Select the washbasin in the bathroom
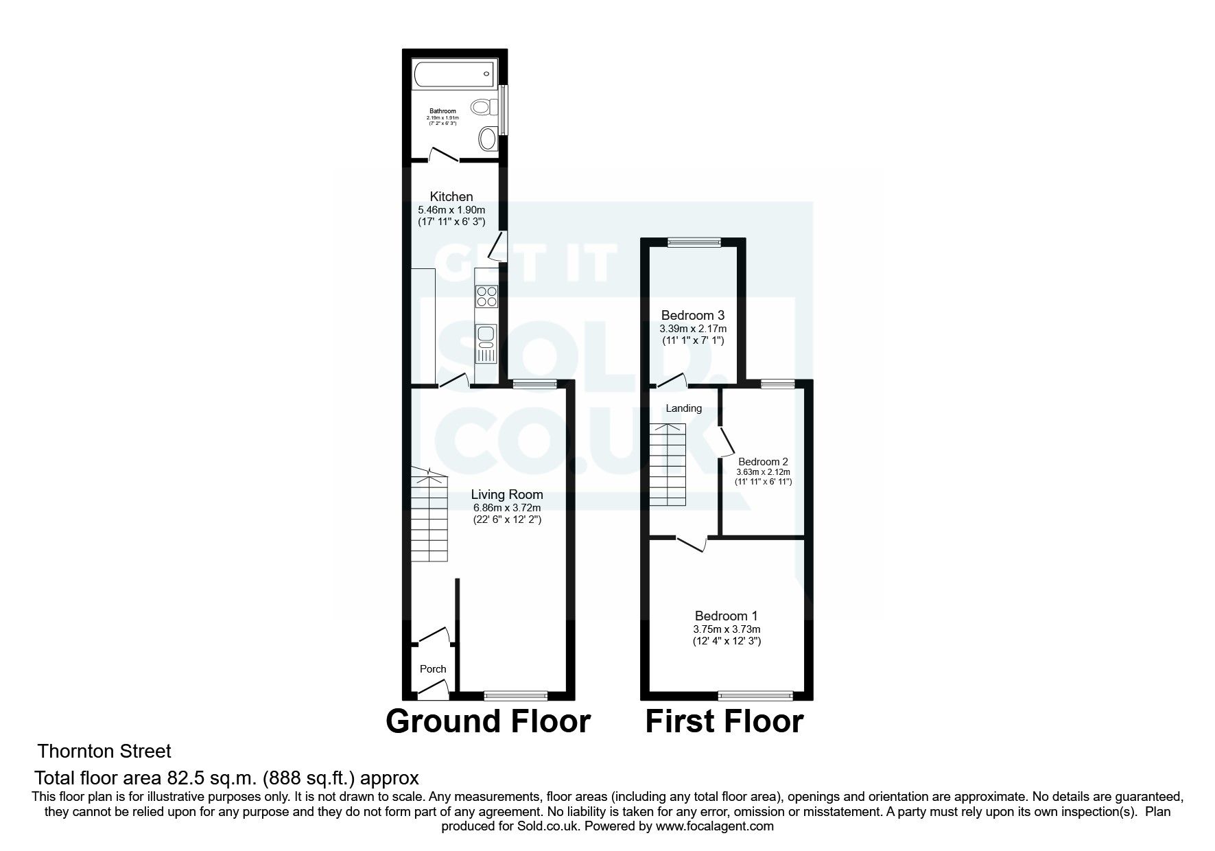click(488, 139)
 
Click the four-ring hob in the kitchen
click(487, 296)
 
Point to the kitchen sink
click(486, 336)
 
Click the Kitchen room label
click(451, 197)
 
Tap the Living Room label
click(507, 494)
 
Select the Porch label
click(432, 669)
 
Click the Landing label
click(683, 408)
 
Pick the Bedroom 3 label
click(692, 316)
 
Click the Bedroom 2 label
click(763, 462)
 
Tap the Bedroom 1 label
click(726, 616)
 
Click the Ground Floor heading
click(488, 721)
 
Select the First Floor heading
click(724, 721)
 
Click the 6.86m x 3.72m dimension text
click(507, 508)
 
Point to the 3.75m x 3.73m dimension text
click(727, 629)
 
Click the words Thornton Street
click(104, 751)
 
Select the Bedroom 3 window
click(694, 241)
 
